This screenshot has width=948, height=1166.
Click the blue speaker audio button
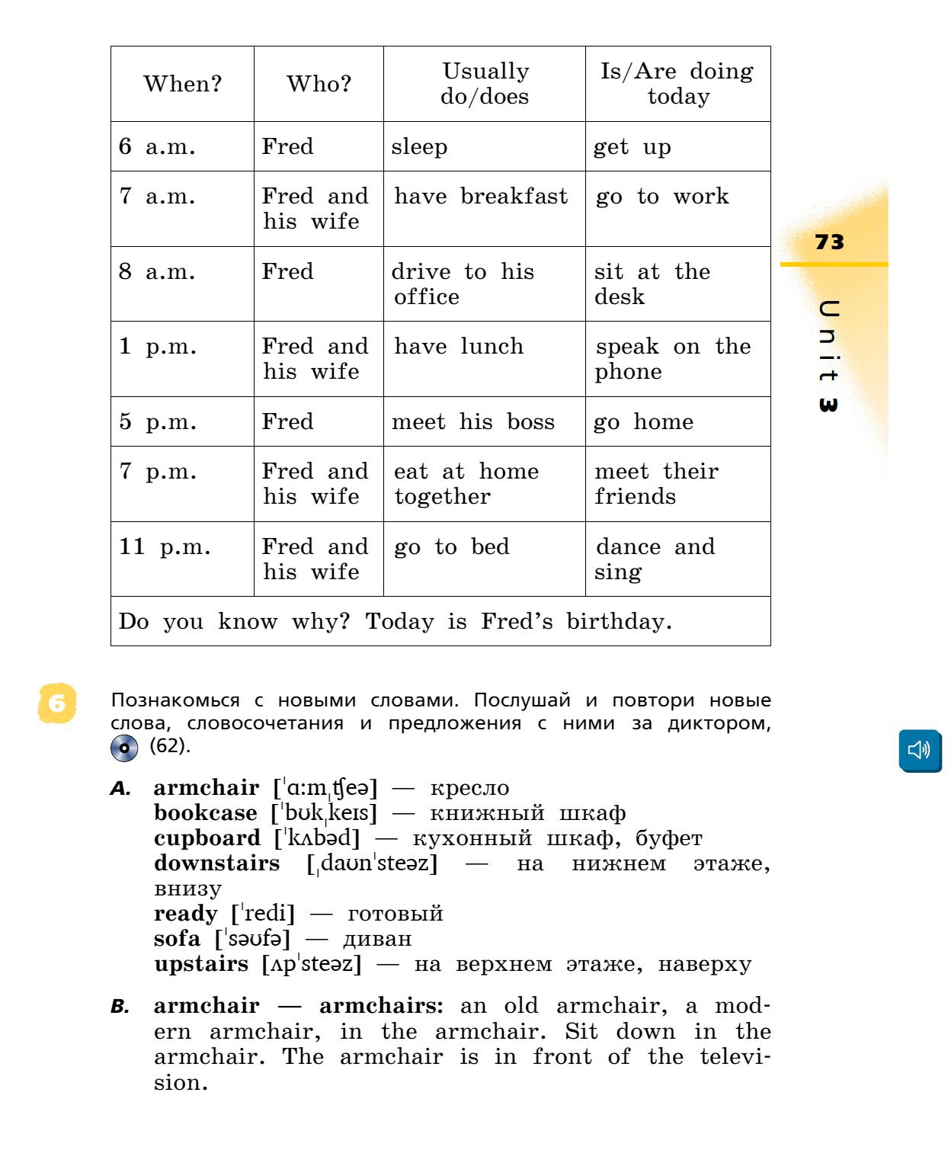pos(920,750)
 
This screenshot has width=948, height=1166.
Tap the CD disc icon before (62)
pos(124,748)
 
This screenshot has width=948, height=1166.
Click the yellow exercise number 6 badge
pos(57,702)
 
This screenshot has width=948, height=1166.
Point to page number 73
pos(829,242)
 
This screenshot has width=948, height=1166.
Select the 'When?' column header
pos(182,84)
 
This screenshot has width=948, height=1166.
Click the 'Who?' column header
pos(319,84)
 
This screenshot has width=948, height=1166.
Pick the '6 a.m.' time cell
pos(157,146)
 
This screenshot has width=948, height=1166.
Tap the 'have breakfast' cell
pos(481,197)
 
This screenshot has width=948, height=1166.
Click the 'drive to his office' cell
pos(463,283)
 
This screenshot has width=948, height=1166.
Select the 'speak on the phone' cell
pos(673,358)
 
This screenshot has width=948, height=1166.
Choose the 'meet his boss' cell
pos(472,421)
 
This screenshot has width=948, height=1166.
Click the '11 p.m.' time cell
pos(165,546)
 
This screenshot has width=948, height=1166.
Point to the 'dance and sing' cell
pos(655,559)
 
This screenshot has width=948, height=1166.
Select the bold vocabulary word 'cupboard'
pos(207,838)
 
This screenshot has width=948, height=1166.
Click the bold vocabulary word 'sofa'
pos(178,939)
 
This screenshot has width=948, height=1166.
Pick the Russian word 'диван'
pos(377,939)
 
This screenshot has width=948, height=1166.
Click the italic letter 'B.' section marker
pos(120,1007)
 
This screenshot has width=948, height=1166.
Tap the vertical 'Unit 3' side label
pos(828,357)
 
